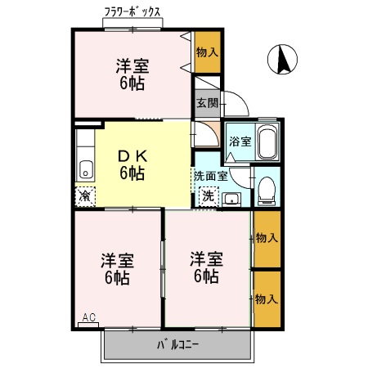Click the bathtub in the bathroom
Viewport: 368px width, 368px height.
click(267, 143)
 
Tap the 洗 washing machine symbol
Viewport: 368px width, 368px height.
click(208, 196)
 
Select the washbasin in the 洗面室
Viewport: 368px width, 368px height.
click(231, 197)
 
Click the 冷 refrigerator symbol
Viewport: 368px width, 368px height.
click(85, 196)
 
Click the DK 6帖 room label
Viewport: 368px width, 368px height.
click(132, 164)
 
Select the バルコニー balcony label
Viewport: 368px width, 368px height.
click(178, 343)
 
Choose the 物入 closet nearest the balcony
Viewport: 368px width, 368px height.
click(266, 298)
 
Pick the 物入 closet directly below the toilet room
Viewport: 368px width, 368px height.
click(266, 238)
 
